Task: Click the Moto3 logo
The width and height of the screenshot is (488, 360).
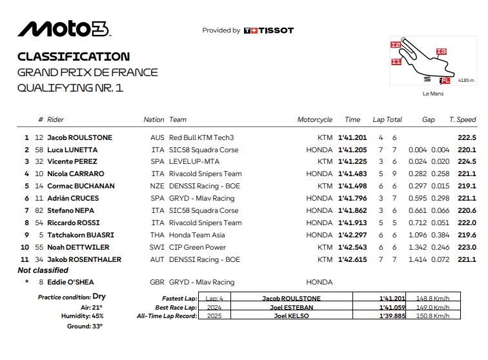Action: [63, 28]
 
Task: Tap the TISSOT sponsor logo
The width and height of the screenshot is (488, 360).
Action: [269, 30]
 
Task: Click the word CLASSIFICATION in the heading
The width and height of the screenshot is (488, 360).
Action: [74, 57]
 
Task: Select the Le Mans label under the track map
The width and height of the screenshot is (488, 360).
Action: [433, 94]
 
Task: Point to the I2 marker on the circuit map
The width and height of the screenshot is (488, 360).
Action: [395, 45]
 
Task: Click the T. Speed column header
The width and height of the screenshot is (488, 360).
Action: [463, 119]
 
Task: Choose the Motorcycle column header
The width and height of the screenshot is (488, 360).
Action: [315, 119]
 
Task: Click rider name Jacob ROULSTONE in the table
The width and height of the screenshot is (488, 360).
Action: [79, 137]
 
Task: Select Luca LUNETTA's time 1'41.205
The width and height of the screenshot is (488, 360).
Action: [352, 150]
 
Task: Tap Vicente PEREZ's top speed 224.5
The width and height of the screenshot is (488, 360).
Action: [467, 162]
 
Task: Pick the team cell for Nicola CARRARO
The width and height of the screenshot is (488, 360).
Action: [205, 174]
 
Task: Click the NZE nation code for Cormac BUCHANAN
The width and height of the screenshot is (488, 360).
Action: [157, 186]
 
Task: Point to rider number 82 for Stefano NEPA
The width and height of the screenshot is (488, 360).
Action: [39, 210]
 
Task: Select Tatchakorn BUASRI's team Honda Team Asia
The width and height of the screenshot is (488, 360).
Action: [196, 235]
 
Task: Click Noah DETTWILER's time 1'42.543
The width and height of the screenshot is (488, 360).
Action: [352, 247]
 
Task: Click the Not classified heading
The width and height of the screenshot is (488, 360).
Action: [43, 270]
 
